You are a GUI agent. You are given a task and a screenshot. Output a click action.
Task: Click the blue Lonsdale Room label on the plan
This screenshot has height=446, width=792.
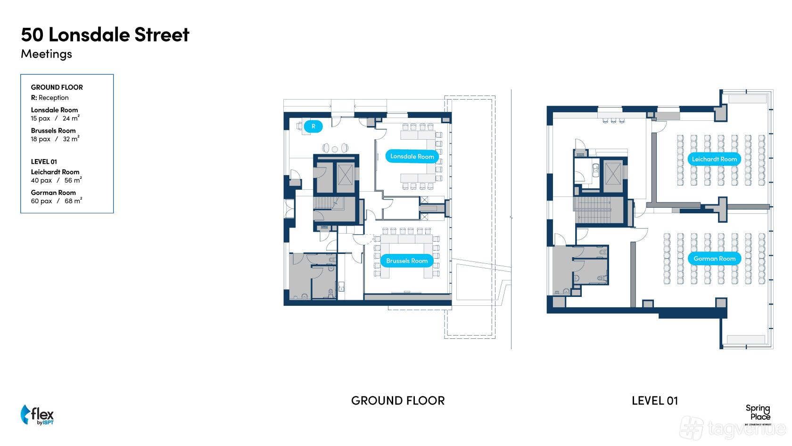(x=412, y=156)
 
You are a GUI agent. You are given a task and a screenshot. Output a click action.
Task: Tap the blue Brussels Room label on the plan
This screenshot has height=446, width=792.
(x=407, y=261)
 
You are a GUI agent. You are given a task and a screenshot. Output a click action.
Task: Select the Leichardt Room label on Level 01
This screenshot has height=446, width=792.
(x=714, y=159)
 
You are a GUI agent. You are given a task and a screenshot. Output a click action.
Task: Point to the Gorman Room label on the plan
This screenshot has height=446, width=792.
(x=714, y=259)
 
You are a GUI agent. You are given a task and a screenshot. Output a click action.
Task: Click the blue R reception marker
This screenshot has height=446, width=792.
(x=313, y=126)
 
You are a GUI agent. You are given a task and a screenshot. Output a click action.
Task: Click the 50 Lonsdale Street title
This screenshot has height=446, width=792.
(x=105, y=34)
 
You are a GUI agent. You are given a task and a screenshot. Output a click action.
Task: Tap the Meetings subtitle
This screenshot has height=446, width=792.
(x=46, y=54)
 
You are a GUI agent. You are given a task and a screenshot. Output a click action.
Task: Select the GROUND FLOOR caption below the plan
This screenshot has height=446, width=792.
(x=398, y=401)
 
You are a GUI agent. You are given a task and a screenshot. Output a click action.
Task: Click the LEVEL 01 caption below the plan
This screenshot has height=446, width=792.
(x=654, y=401)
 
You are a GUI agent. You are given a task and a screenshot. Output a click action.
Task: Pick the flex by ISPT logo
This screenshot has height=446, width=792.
(x=37, y=415)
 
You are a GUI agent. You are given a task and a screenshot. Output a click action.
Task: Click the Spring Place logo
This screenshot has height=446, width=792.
(x=758, y=413)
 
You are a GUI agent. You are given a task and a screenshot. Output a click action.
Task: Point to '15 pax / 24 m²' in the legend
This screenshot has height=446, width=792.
(x=55, y=118)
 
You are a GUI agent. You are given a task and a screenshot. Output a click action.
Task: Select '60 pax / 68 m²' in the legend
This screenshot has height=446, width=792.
(x=57, y=201)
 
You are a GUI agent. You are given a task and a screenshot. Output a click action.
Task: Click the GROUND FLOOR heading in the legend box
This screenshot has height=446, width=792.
(x=57, y=87)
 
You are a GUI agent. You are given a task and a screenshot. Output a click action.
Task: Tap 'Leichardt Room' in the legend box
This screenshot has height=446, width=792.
(x=55, y=172)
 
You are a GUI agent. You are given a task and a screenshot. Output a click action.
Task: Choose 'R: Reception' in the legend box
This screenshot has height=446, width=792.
(x=49, y=98)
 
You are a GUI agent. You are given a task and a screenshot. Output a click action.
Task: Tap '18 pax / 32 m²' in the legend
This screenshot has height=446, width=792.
(x=55, y=139)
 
